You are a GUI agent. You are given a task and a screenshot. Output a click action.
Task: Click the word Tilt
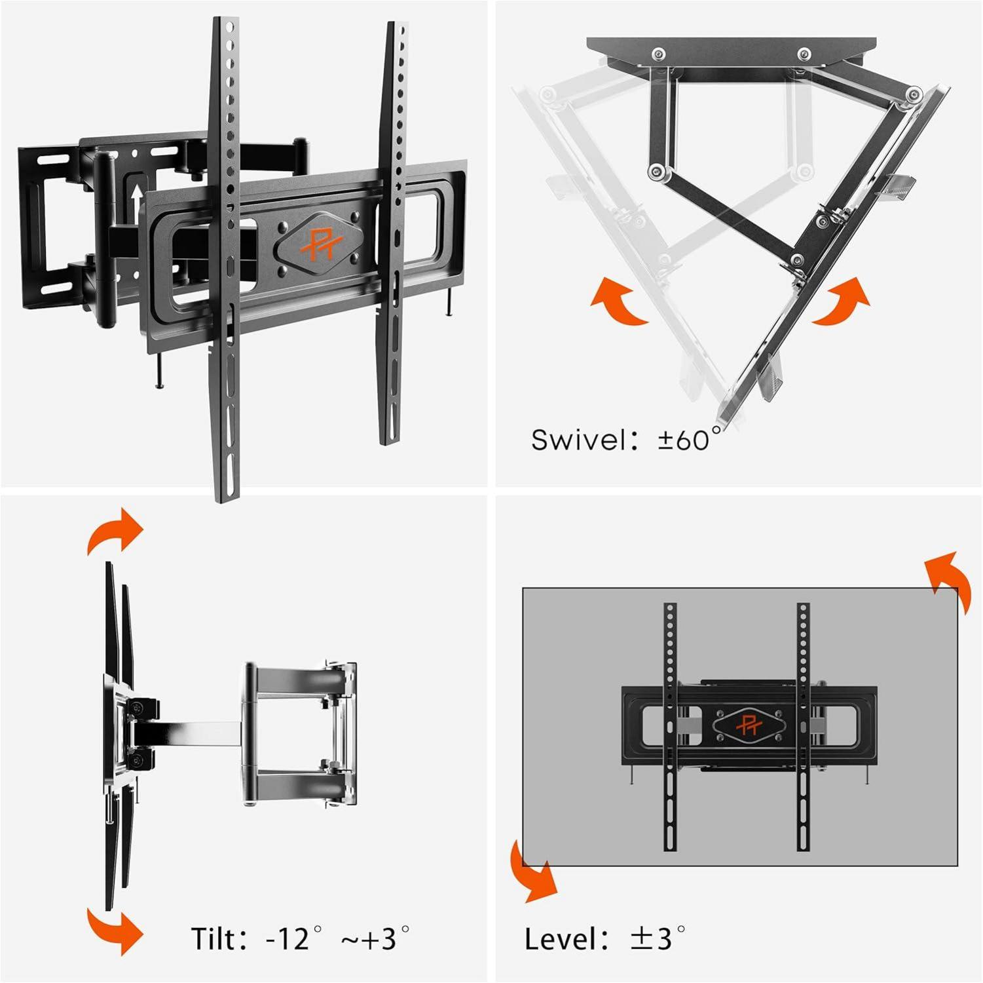point(213,938)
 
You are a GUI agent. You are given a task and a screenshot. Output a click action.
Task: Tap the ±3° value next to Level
point(658,938)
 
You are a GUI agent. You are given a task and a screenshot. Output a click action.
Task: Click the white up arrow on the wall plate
point(136,195)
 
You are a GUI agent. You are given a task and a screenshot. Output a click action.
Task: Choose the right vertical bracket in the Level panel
point(804,727)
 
